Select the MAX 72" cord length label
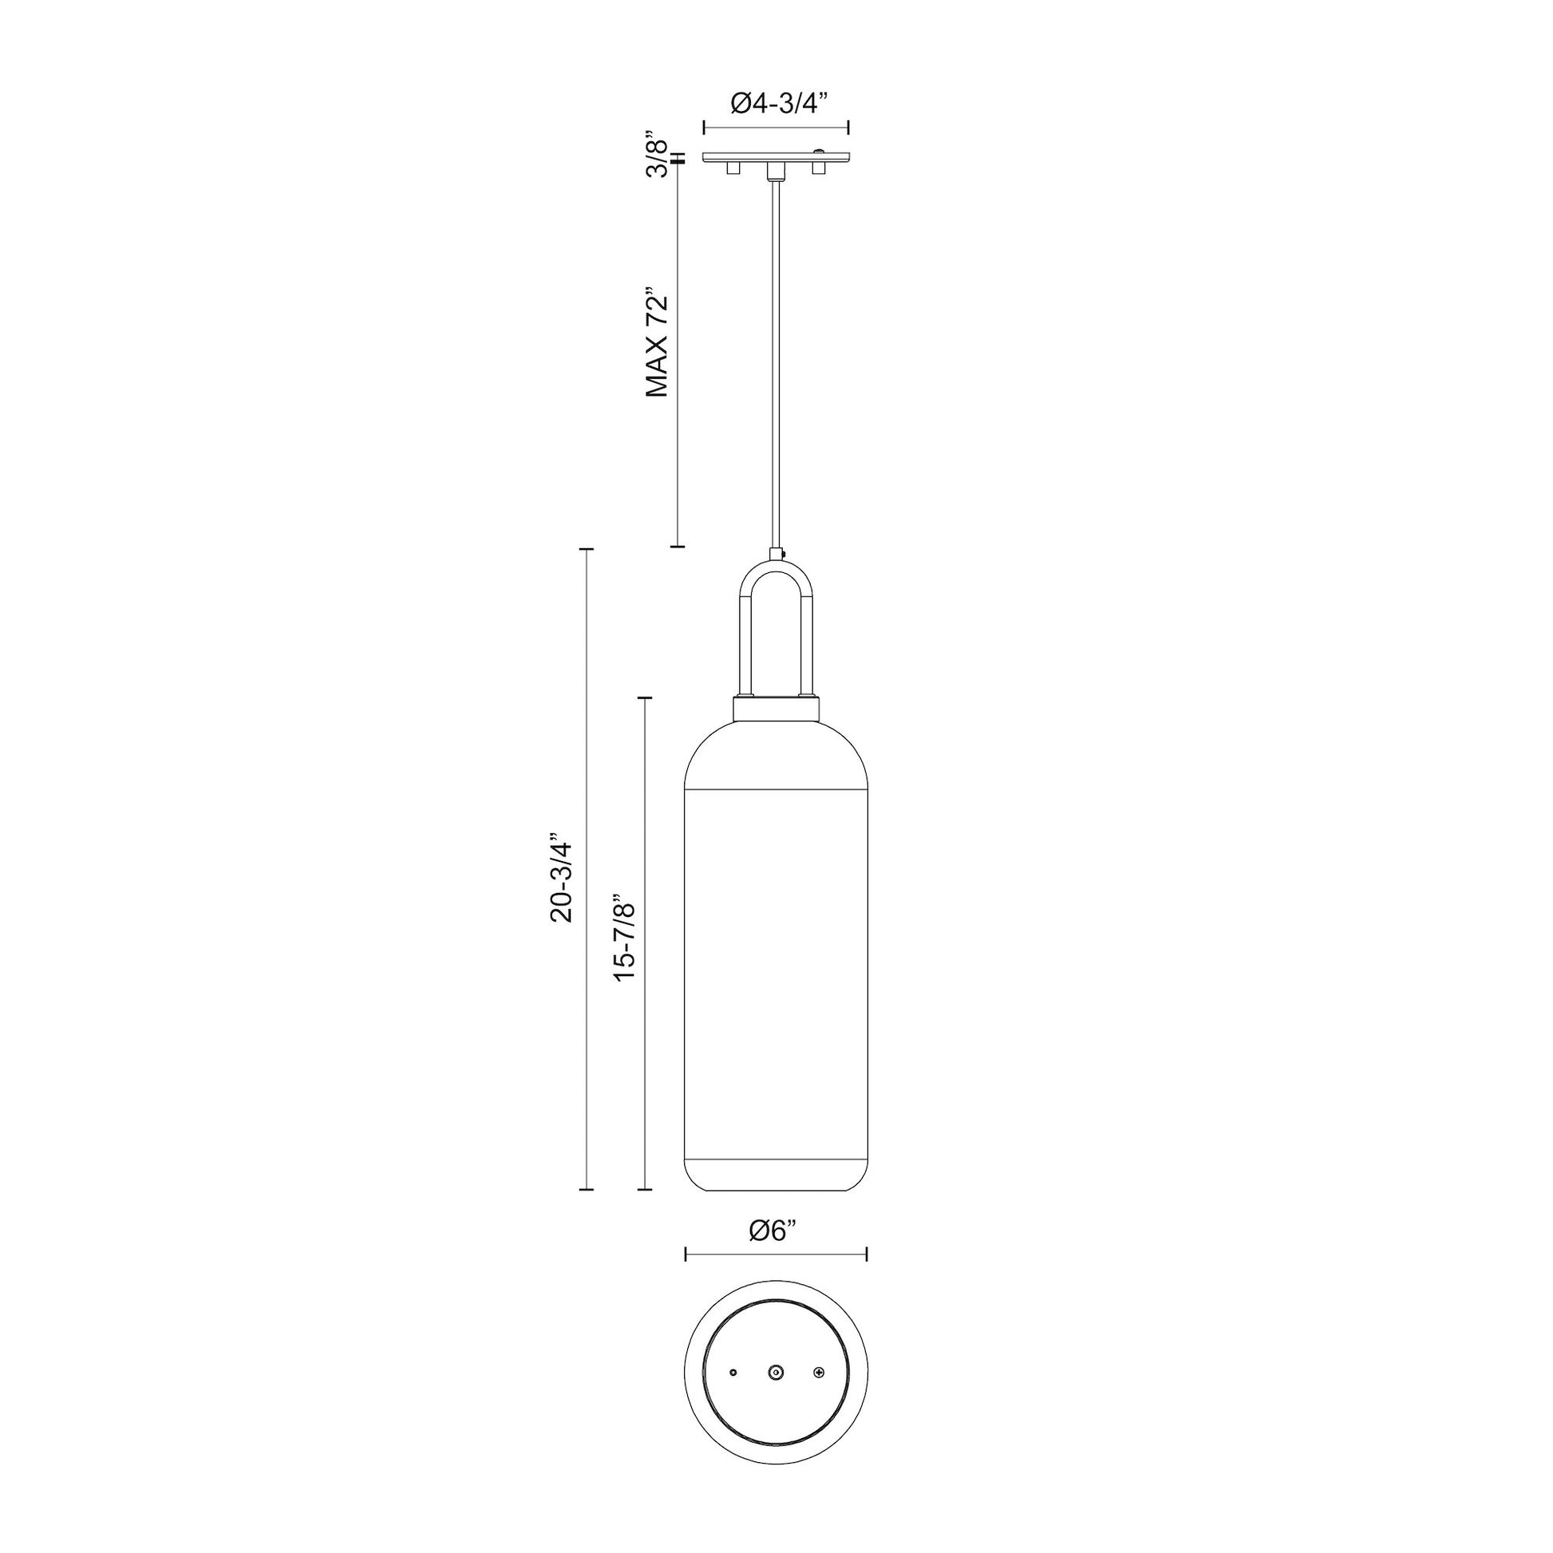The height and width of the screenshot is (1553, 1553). click(658, 343)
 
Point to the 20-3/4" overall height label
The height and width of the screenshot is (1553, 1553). click(560, 881)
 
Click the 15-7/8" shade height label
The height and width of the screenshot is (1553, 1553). click(625, 938)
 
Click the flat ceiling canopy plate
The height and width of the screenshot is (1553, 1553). click(776, 156)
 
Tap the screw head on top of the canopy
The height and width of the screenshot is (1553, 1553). click(819, 150)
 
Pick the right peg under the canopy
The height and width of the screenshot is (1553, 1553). click(818, 168)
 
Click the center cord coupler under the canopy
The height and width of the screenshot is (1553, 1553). click(775, 170)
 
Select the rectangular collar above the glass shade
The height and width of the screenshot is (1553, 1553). click(776, 708)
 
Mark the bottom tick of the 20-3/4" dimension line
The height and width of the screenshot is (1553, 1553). click(587, 1211)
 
